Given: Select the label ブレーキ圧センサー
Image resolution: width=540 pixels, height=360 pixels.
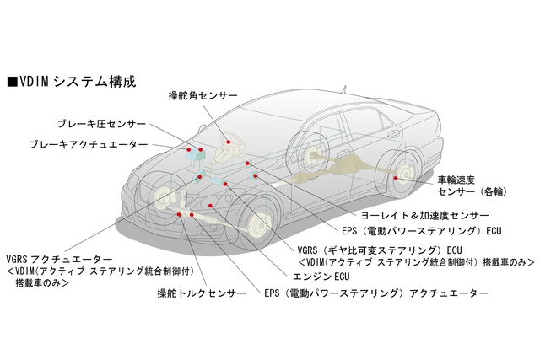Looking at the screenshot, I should (x=101, y=124).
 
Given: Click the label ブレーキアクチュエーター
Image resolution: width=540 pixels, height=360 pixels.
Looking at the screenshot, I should (x=89, y=145).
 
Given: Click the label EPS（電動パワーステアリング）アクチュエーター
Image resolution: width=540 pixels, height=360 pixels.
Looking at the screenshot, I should (x=375, y=293).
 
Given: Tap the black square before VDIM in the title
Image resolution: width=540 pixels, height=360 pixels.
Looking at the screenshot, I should (x=11, y=81).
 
